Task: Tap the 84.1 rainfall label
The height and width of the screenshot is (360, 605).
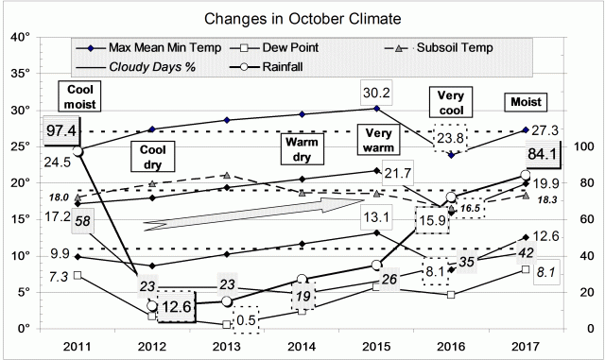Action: coord(536,154)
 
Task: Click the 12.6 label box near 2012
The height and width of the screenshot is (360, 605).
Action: coord(171,307)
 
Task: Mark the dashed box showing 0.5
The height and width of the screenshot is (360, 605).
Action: coord(246,318)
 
